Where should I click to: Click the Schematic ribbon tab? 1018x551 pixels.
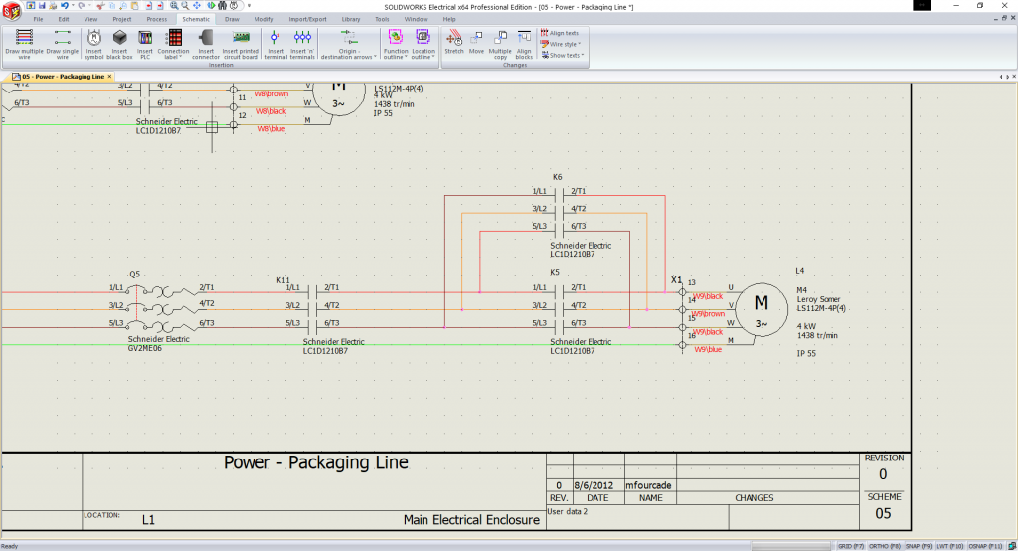pyautogui.click(x=196, y=19)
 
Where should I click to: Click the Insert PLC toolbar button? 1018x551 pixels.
pyautogui.click(x=145, y=43)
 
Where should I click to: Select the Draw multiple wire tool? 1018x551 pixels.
pyautogui.click(x=25, y=43)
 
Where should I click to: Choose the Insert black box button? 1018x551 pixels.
pyautogui.click(x=119, y=43)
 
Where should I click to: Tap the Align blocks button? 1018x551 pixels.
pyautogui.click(x=524, y=43)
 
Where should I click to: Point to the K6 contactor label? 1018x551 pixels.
pyautogui.click(x=557, y=177)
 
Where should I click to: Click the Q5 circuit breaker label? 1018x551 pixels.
pyautogui.click(x=135, y=273)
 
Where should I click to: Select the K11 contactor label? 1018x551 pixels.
pyautogui.click(x=283, y=280)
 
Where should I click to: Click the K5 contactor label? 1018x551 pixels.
pyautogui.click(x=555, y=272)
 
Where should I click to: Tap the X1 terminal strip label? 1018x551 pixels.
pyautogui.click(x=677, y=279)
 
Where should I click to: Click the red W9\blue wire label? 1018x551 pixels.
pyautogui.click(x=707, y=349)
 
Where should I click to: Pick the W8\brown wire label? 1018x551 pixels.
pyautogui.click(x=270, y=94)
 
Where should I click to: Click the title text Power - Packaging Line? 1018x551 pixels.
pyautogui.click(x=315, y=462)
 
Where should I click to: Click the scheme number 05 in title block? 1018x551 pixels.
pyautogui.click(x=883, y=513)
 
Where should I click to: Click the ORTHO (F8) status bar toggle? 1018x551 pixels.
pyautogui.click(x=880, y=546)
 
